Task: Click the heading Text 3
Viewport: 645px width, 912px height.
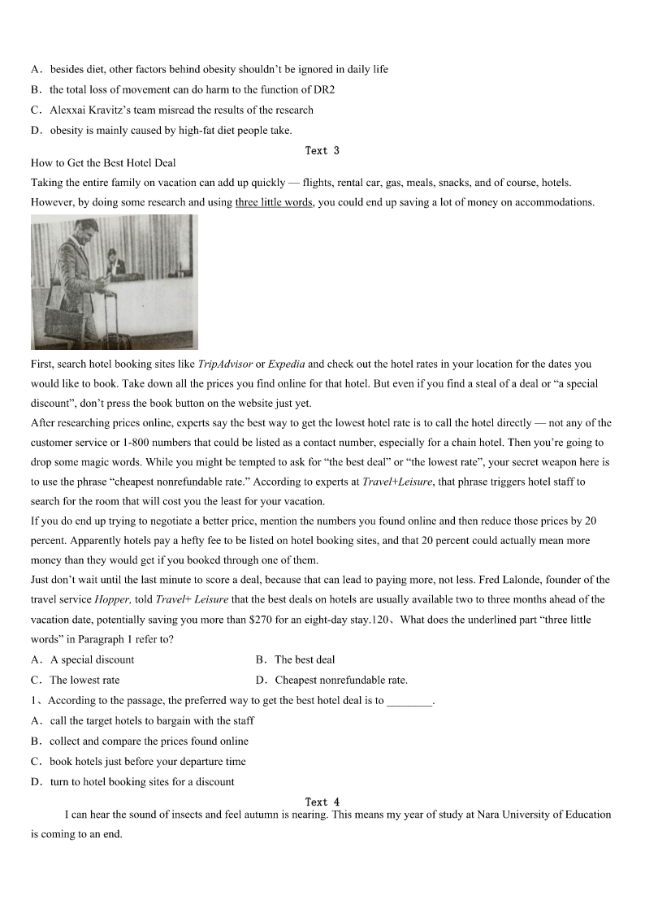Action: click(x=322, y=150)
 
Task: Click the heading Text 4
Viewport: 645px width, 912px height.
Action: click(x=322, y=802)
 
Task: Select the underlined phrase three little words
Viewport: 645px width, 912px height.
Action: click(x=274, y=202)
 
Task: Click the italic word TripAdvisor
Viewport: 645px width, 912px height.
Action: click(x=225, y=364)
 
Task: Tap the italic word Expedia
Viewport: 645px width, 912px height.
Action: click(x=286, y=364)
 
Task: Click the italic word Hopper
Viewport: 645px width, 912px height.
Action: click(x=113, y=599)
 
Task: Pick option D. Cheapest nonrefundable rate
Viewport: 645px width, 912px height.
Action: click(x=331, y=680)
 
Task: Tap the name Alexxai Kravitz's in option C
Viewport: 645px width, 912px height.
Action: click(x=100, y=110)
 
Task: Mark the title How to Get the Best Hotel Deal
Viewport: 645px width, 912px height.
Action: click(x=103, y=163)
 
